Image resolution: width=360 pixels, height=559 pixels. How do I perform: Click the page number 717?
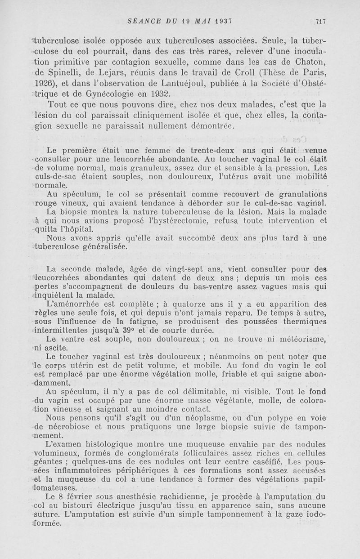[x=320, y=21]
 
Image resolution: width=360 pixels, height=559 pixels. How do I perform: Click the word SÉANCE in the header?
[x=143, y=21]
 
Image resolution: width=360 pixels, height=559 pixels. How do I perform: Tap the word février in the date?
[x=81, y=497]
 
